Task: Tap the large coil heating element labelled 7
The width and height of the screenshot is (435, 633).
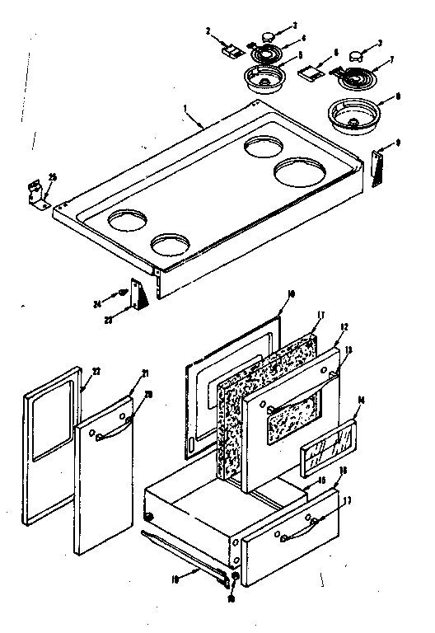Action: [x=356, y=77]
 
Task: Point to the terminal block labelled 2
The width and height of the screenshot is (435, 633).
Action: [x=231, y=50]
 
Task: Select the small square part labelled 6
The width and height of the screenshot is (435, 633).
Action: [x=310, y=74]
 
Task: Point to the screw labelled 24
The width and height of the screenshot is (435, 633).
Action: [x=124, y=291]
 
